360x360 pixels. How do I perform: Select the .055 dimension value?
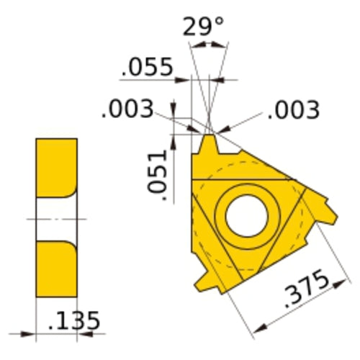(148, 68)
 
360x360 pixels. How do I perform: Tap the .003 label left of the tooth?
(127, 109)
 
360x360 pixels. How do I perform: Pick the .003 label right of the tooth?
(292, 109)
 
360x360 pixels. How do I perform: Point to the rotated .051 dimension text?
(156, 172)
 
